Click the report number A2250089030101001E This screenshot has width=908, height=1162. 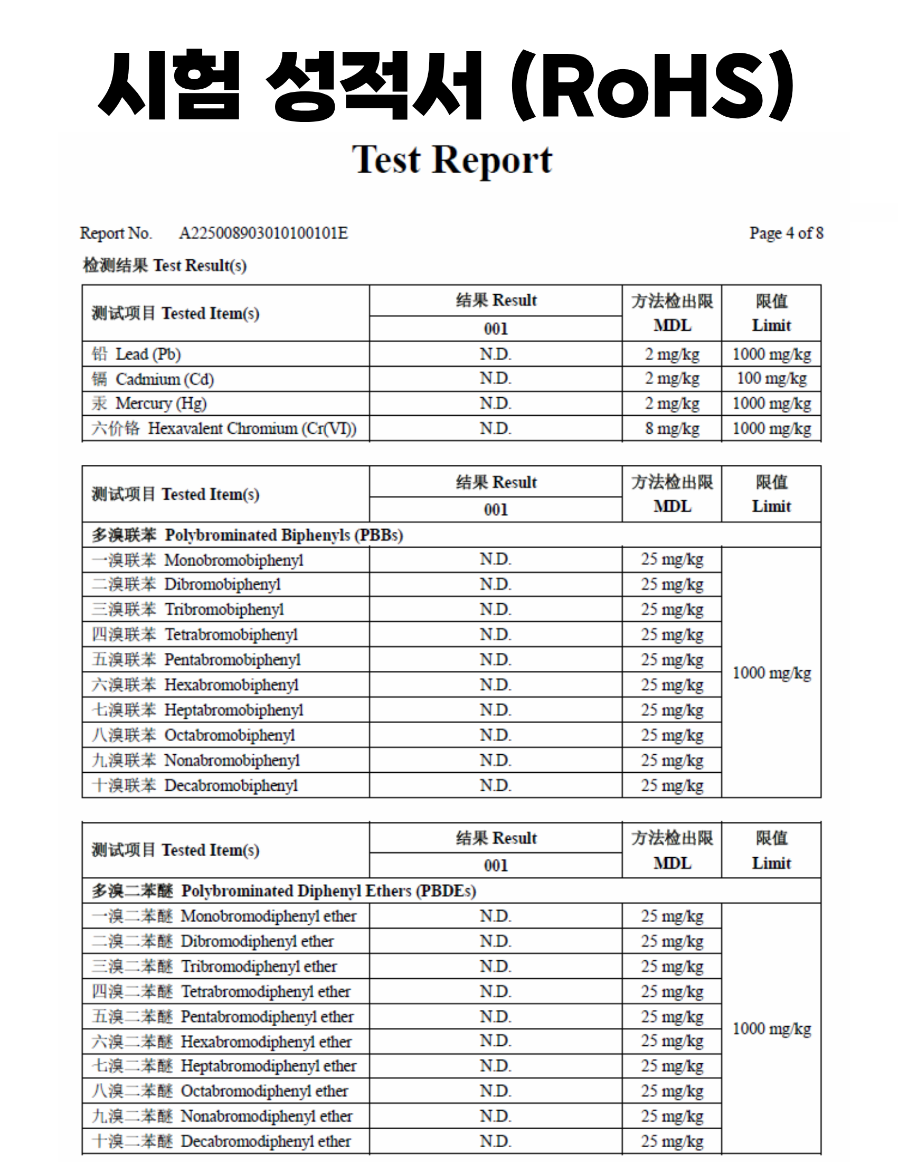263,233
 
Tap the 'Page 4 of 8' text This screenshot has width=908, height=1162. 786,233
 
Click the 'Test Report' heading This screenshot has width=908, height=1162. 452,159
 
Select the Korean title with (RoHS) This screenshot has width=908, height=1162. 446,85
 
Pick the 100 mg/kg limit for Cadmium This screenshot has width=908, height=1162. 771,379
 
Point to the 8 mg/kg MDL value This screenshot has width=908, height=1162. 672,429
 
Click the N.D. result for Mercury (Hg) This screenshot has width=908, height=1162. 495,404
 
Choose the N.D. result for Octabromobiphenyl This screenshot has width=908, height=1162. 495,735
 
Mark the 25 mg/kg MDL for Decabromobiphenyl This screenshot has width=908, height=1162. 672,785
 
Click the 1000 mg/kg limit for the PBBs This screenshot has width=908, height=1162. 771,673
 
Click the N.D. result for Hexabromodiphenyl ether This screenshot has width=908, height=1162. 495,1041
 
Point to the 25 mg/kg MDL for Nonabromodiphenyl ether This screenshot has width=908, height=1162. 672,1116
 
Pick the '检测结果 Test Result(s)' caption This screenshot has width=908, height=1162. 164,266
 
